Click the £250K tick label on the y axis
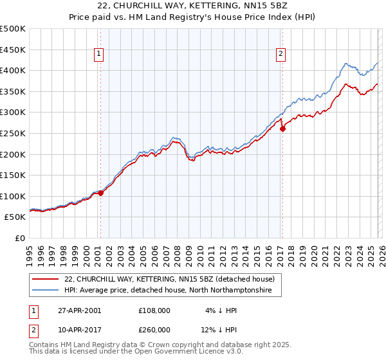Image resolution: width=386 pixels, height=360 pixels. pos(14,133)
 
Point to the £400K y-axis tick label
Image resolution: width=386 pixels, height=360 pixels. pos(14,71)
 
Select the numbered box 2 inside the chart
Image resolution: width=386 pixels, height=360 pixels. pos(281,55)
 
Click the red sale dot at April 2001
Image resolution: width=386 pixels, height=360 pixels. pos(101,193)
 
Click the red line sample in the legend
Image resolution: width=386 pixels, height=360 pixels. pos(46,279)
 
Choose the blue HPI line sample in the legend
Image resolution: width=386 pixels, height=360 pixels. pos(46,291)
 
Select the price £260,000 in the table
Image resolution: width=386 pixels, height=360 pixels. pos(154,331)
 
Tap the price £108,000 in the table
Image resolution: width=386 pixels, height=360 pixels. pos(154,310)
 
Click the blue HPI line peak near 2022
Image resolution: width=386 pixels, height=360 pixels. pos(346,64)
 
